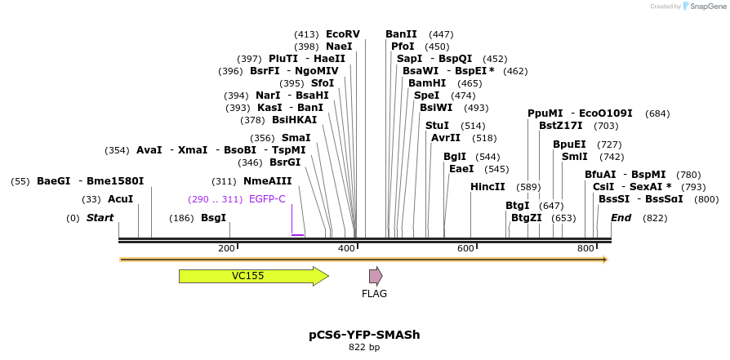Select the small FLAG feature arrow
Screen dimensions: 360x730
[376, 276]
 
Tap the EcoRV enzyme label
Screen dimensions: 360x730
[343, 34]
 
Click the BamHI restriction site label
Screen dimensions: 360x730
[427, 83]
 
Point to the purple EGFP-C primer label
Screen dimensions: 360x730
[267, 199]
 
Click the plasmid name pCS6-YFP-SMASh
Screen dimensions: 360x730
[364, 335]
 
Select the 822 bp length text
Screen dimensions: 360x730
[364, 348]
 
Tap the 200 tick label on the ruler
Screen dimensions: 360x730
[226, 248]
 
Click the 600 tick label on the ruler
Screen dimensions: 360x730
[465, 248]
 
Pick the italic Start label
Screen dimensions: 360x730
[100, 218]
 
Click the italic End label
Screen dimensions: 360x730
[621, 218]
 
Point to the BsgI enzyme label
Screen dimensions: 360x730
[213, 218]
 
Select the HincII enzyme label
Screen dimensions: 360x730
[487, 187]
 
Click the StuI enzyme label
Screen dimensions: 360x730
[437, 126]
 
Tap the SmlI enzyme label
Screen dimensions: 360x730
[575, 157]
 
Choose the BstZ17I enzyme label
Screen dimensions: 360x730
[561, 126]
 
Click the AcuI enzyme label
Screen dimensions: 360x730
[120, 199]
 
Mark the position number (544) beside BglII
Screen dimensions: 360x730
[487, 157]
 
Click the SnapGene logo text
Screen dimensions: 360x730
[705, 7]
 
